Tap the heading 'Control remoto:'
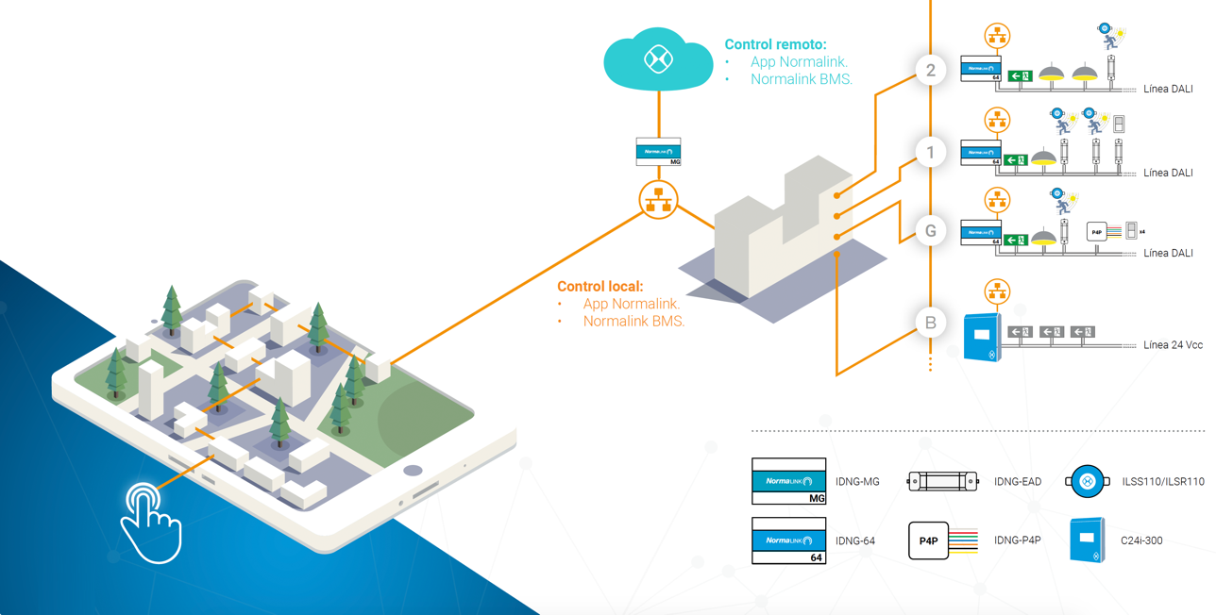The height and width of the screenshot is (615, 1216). [775, 44]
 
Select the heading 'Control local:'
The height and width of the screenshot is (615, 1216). [600, 286]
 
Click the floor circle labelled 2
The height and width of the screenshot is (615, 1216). [931, 71]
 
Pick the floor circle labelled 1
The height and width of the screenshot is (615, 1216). [931, 152]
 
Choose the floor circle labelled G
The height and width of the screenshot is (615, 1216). [931, 231]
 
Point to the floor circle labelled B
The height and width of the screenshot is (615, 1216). [931, 323]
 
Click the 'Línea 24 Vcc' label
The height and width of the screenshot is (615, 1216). [1173, 345]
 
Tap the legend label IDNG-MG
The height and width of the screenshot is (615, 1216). [857, 482]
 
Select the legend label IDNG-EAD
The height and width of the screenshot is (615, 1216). [1018, 482]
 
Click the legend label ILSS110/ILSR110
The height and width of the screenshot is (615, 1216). [1163, 482]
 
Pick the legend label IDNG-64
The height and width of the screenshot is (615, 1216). [855, 540]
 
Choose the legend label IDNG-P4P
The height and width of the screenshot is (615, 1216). [1018, 540]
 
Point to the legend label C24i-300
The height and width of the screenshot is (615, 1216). [1142, 540]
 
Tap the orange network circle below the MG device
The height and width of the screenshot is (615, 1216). [658, 200]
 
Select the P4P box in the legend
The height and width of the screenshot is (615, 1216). [929, 540]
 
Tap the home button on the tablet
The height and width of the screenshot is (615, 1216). [413, 470]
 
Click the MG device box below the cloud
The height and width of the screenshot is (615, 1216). [658, 152]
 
